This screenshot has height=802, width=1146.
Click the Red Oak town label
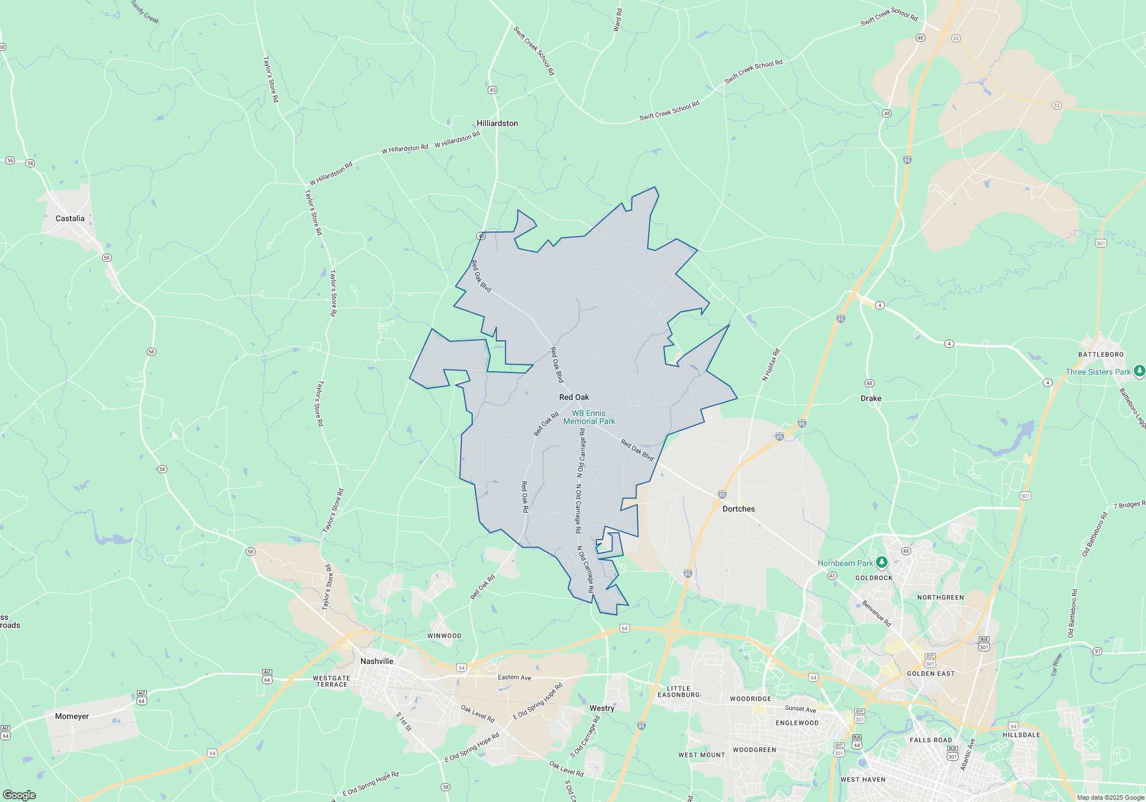pyautogui.click(x=574, y=397)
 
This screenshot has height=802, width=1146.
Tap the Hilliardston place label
pyautogui.click(x=497, y=123)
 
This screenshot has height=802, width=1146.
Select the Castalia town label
pyautogui.click(x=70, y=218)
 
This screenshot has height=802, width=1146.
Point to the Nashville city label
pyautogui.click(x=376, y=661)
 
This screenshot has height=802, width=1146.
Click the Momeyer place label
pyautogui.click(x=72, y=716)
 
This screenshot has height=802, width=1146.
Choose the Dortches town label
pyautogui.click(x=738, y=509)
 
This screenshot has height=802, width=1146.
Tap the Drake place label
pyautogui.click(x=870, y=398)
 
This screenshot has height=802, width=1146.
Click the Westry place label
pyautogui.click(x=602, y=708)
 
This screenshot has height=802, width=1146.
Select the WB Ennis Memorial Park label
pyautogui.click(x=589, y=417)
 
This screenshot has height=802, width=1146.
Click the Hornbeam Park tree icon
pyautogui.click(x=882, y=563)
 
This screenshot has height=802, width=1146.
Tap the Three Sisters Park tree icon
pyautogui.click(x=1139, y=371)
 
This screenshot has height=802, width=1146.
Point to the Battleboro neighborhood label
pyautogui.click(x=1101, y=355)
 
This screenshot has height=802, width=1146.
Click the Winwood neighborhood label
pyautogui.click(x=444, y=636)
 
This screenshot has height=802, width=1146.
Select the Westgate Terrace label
pyautogui.click(x=332, y=681)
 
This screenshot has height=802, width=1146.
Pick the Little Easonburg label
pyautogui.click(x=678, y=692)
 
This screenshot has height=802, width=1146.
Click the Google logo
pyautogui.click(x=19, y=795)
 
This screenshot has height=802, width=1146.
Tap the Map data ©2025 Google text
pyautogui.click(x=1110, y=797)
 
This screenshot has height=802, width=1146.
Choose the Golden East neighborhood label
pyautogui.click(x=931, y=674)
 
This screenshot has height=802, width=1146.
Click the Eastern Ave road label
pyautogui.click(x=514, y=677)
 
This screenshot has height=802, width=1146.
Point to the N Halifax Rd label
pyautogui.click(x=771, y=365)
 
